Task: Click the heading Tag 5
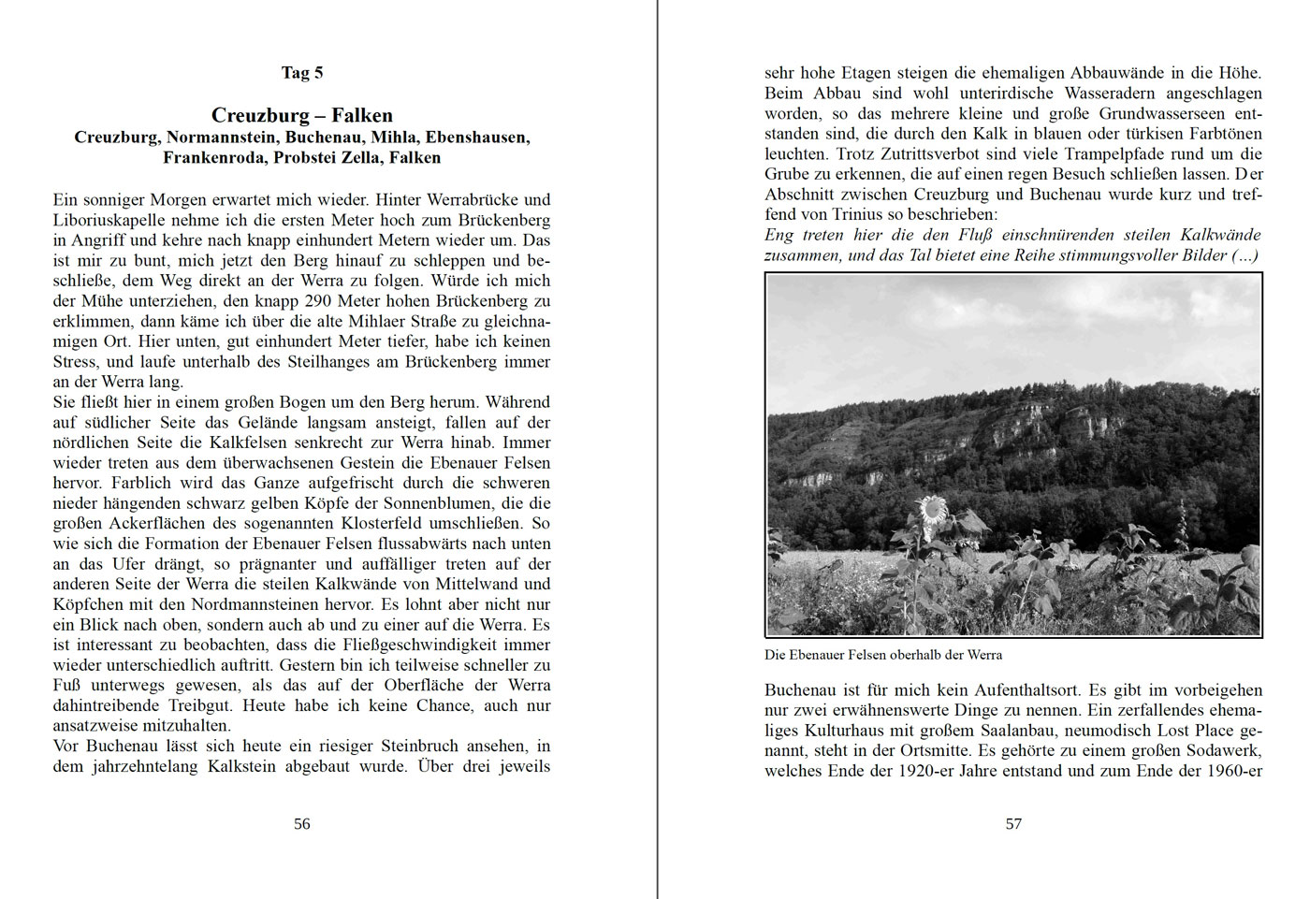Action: [302, 73]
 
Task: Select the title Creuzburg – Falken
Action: [302, 115]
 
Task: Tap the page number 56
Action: [302, 824]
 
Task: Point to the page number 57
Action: [1013, 824]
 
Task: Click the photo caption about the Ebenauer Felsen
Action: [882, 655]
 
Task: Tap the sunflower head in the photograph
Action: [932, 510]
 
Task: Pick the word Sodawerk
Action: [1222, 751]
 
